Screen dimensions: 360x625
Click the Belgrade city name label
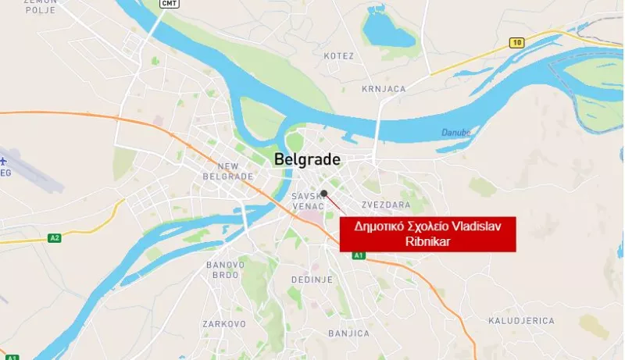coord(307,160)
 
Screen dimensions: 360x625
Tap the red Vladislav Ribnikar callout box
coord(428,233)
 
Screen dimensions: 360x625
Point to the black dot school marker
coord(323,193)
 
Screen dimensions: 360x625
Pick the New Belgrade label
coord(227,171)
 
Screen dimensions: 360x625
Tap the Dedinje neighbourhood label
coord(312,279)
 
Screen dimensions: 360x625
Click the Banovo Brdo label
coord(226,269)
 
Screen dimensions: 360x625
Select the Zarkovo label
coord(224,323)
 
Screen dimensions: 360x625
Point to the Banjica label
coord(348,333)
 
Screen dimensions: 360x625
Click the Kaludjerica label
coord(521,320)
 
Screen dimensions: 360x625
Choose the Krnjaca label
coord(384,89)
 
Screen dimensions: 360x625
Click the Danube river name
coord(455,133)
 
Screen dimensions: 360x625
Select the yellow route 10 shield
coord(516,43)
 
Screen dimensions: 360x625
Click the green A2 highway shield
coord(54,237)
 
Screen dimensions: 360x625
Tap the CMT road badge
coord(169,4)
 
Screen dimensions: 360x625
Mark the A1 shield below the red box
coord(359,255)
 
